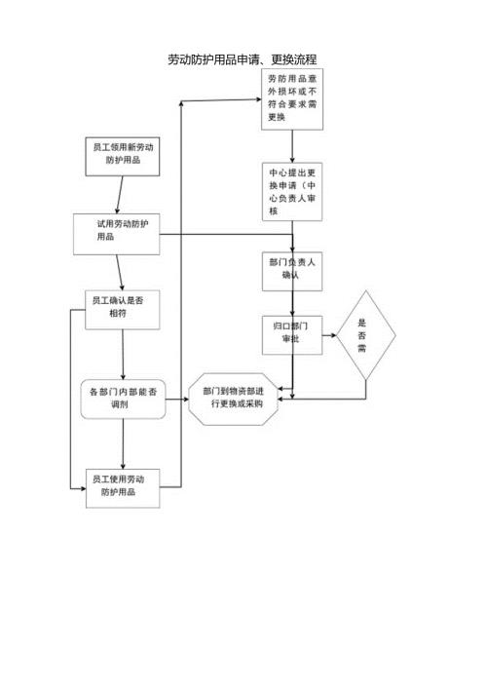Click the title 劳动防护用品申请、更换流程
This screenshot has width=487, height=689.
point(243,59)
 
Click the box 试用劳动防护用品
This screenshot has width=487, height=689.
point(116,233)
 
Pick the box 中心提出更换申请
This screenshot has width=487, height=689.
point(291,192)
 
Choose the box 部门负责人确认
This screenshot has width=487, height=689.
point(292,269)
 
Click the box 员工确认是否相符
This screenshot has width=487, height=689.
point(123,309)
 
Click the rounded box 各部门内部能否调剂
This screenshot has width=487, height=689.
point(123,398)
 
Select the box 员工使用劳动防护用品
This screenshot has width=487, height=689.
point(123,485)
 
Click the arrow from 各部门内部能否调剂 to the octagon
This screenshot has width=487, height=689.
point(176,398)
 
